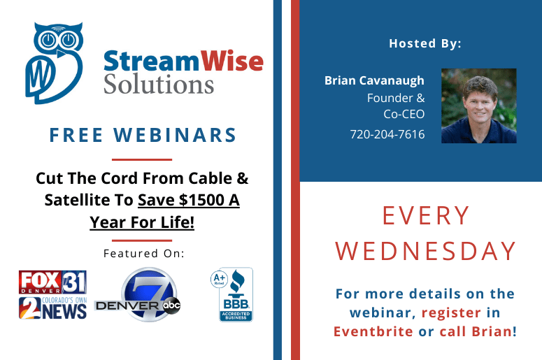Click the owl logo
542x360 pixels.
[x=54, y=63]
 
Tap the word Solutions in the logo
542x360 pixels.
[x=159, y=84]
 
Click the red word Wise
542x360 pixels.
[x=232, y=61]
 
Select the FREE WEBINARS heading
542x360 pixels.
[x=143, y=135]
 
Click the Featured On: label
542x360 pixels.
[x=144, y=253]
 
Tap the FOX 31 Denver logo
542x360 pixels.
[x=52, y=282]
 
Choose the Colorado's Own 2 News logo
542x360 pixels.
[x=52, y=308]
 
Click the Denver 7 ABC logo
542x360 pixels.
[x=138, y=295]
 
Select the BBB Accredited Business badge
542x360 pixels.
[x=236, y=295]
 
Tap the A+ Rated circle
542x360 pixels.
[x=219, y=279]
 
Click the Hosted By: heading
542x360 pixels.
[x=425, y=43]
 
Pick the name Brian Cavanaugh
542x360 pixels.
[x=374, y=80]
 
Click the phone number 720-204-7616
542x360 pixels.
[x=387, y=134]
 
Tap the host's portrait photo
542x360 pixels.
[x=479, y=106]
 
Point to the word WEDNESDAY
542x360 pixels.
[x=426, y=251]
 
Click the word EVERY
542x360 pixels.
[x=426, y=215]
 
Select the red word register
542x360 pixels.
[x=451, y=313]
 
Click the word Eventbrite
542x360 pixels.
[x=373, y=331]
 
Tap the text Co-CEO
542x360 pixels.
[x=404, y=115]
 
